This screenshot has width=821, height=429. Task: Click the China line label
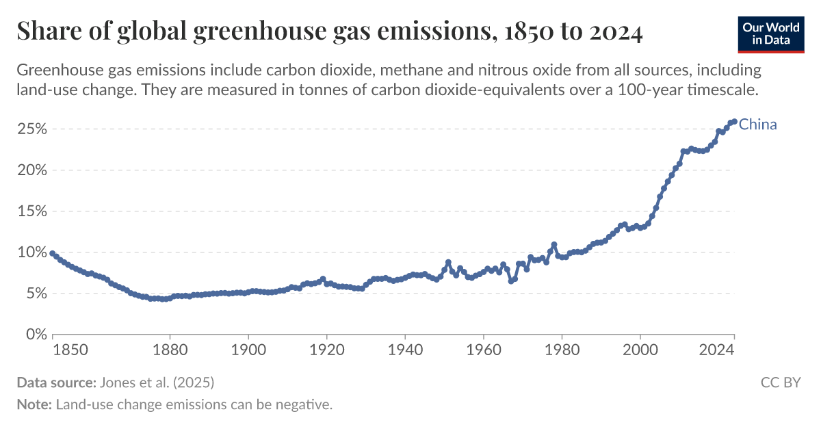click(758, 125)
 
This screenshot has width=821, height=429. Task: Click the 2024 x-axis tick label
click(717, 350)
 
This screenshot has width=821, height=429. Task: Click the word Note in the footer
click(34, 404)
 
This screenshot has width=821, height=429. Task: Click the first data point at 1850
click(53, 253)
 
